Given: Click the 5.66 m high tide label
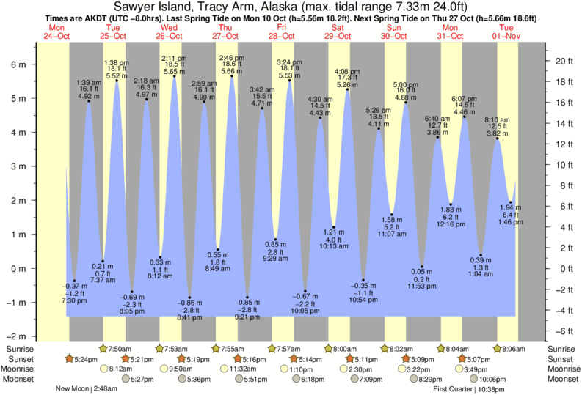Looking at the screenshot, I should (232, 71).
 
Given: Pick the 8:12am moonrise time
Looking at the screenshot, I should (121, 369).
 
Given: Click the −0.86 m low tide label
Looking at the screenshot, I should (190, 303).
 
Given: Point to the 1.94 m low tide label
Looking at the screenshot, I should (511, 207).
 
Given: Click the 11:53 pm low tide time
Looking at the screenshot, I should (422, 287).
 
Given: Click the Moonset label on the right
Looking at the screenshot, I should (563, 380).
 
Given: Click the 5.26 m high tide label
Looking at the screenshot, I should (346, 84).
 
